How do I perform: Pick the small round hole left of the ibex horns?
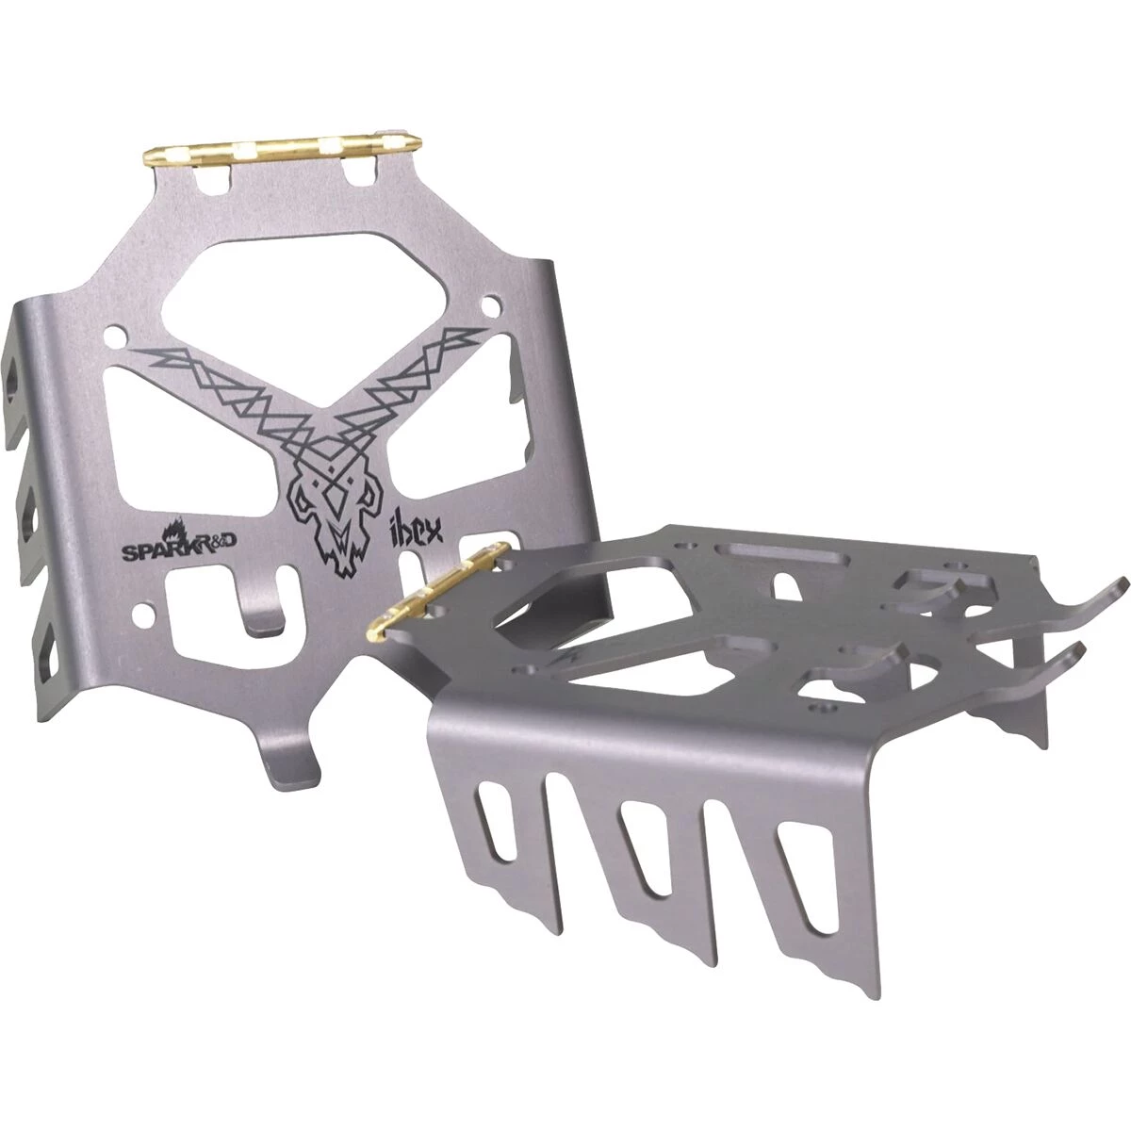click(117, 336)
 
